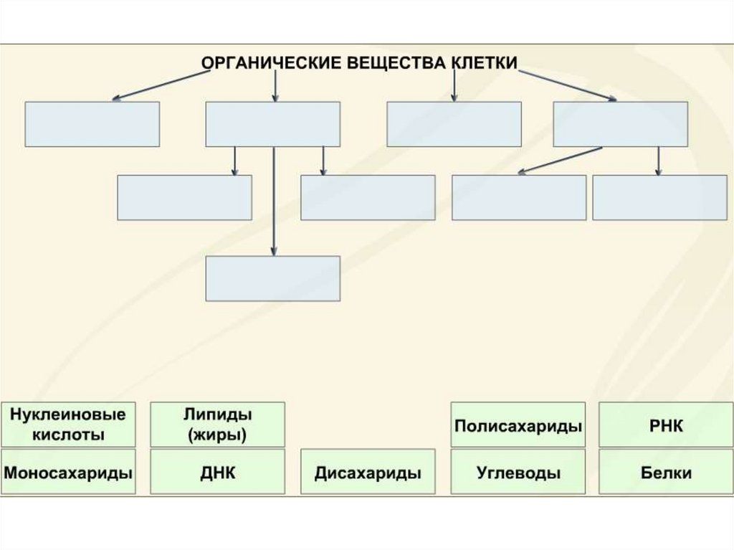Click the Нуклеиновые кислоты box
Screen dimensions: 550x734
(68, 425)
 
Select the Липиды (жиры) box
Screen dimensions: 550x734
(217, 425)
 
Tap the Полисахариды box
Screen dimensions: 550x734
(518, 425)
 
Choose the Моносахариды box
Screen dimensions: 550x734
(68, 472)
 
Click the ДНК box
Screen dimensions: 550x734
(217, 472)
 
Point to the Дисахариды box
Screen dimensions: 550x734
(368, 472)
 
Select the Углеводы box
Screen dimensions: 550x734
(518, 472)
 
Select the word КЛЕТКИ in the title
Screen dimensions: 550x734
(485, 62)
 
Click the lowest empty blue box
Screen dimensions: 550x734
(272, 278)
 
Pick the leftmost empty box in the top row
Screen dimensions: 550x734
(92, 124)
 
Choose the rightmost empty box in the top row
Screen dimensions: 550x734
(620, 124)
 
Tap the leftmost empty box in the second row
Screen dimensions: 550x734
(184, 197)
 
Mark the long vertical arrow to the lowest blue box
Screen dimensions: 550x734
(273, 201)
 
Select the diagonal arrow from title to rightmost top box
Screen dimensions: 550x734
(566, 85)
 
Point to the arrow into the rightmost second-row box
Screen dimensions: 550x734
(658, 161)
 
